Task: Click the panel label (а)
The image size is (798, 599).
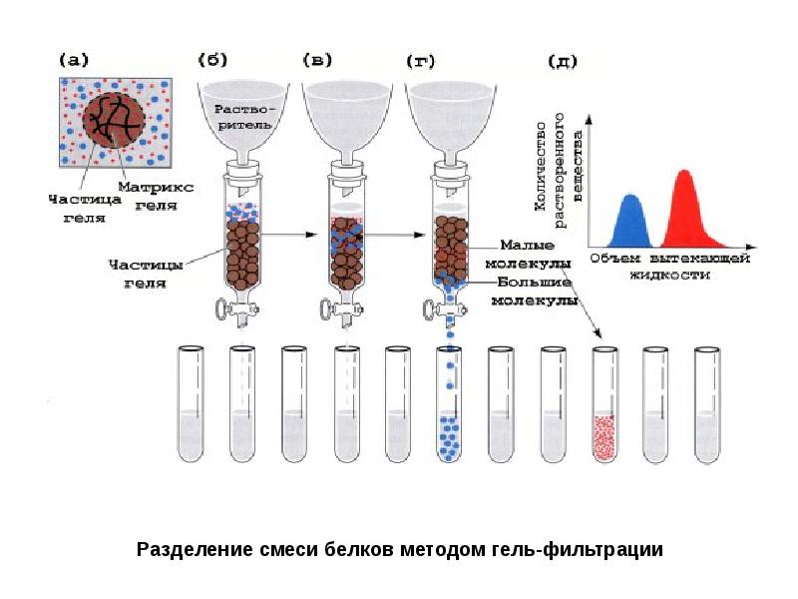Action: tap(74, 61)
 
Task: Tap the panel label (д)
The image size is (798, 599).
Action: tap(563, 62)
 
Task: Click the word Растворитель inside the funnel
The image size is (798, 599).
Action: tap(243, 117)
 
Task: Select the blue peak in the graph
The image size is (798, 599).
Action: tap(629, 222)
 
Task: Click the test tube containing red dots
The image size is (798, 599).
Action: tap(604, 404)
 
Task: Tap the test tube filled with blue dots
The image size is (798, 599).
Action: tap(449, 404)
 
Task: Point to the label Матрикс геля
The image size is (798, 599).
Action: tap(156, 196)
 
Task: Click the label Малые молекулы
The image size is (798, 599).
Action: tap(528, 255)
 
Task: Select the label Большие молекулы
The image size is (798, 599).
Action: tap(535, 292)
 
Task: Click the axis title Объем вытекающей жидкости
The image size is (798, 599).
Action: tap(670, 266)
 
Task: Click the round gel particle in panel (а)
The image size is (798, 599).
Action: tap(114, 121)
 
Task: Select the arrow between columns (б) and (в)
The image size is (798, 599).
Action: tap(288, 235)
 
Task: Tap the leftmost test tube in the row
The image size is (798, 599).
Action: tap(191, 404)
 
